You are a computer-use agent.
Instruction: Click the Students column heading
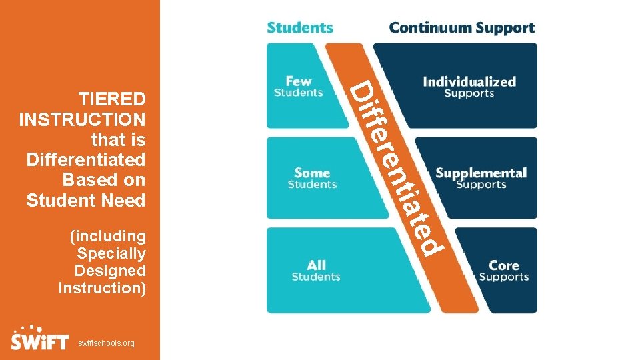pos(300,27)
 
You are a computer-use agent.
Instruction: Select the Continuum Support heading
pos(461,27)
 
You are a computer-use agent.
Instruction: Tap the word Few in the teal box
pos(298,81)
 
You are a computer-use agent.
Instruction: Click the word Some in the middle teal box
pos(312,173)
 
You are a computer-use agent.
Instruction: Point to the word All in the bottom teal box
pos(316,265)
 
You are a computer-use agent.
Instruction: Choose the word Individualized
pos(469,82)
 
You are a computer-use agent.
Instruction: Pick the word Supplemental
pos(481,173)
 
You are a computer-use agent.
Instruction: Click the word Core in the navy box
pos(504,265)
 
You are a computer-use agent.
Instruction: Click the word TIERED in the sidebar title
pos(112,99)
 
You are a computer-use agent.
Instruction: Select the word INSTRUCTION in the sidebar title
pos(83,120)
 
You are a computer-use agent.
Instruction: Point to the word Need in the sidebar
pos(124,200)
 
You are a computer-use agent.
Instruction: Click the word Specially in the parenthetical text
pos(111,253)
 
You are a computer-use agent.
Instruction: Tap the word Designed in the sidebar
pos(110,271)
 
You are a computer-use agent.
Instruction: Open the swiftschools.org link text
pos(106,343)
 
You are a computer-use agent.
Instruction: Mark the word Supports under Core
pos(504,277)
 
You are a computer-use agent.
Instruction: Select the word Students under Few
pos(298,93)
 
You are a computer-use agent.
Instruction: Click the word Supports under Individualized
pos(469,94)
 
